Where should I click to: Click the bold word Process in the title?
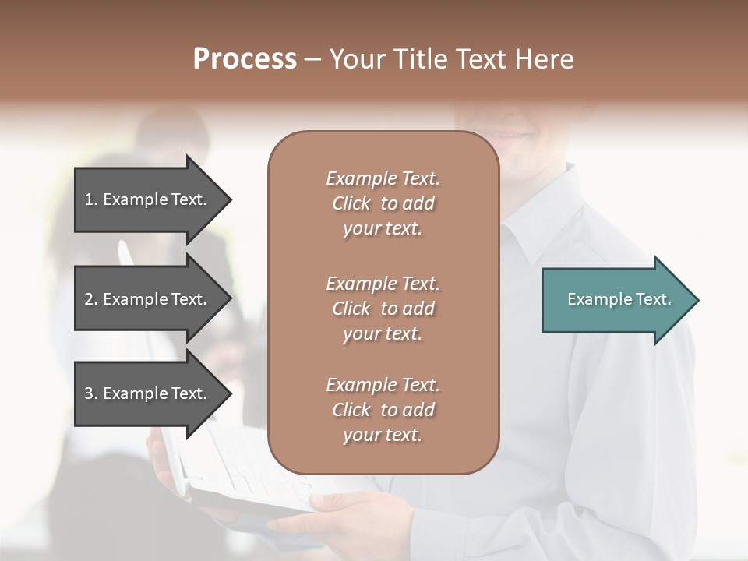click(245, 59)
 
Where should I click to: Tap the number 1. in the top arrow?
click(90, 199)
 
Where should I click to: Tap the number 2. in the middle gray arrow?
click(90, 299)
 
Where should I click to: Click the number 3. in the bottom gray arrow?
click(90, 393)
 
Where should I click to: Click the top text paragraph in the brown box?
click(383, 203)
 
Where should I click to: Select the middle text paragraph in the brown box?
click(383, 309)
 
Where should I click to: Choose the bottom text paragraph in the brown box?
click(383, 410)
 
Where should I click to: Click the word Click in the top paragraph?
click(351, 203)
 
